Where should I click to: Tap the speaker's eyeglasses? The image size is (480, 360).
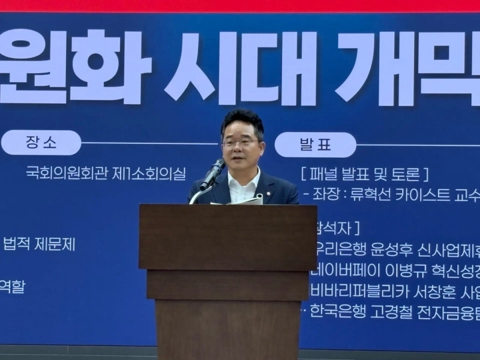pyautogui.click(x=241, y=143)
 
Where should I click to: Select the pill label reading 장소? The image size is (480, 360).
pyautogui.click(x=41, y=143)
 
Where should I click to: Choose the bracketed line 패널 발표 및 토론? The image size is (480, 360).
pyautogui.click(x=364, y=175)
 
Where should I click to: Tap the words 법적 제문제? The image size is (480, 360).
pyautogui.click(x=40, y=244)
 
